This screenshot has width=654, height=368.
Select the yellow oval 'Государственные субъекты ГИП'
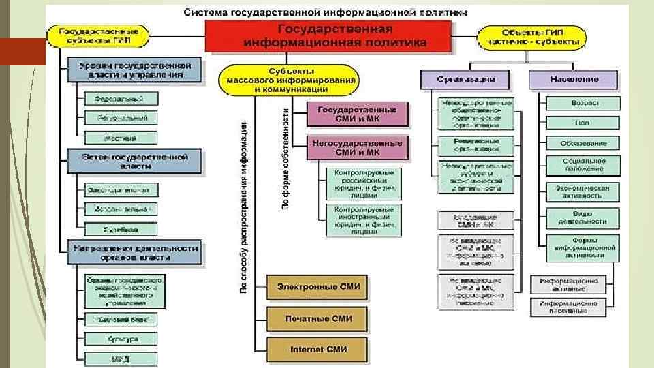pos(99,36)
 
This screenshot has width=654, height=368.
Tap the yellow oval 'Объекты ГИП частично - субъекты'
pos(533,36)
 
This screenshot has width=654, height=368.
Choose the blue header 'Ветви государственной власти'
pos(134,161)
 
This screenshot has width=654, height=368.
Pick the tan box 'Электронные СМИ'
pos(317,287)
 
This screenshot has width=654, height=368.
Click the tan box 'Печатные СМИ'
pos(317,318)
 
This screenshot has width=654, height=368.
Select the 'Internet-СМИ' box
pos(317,349)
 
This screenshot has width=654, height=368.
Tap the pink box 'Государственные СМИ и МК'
pos(358,114)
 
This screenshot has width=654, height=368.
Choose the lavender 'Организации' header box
pos(467,79)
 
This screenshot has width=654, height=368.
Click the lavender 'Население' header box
pos(574,79)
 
